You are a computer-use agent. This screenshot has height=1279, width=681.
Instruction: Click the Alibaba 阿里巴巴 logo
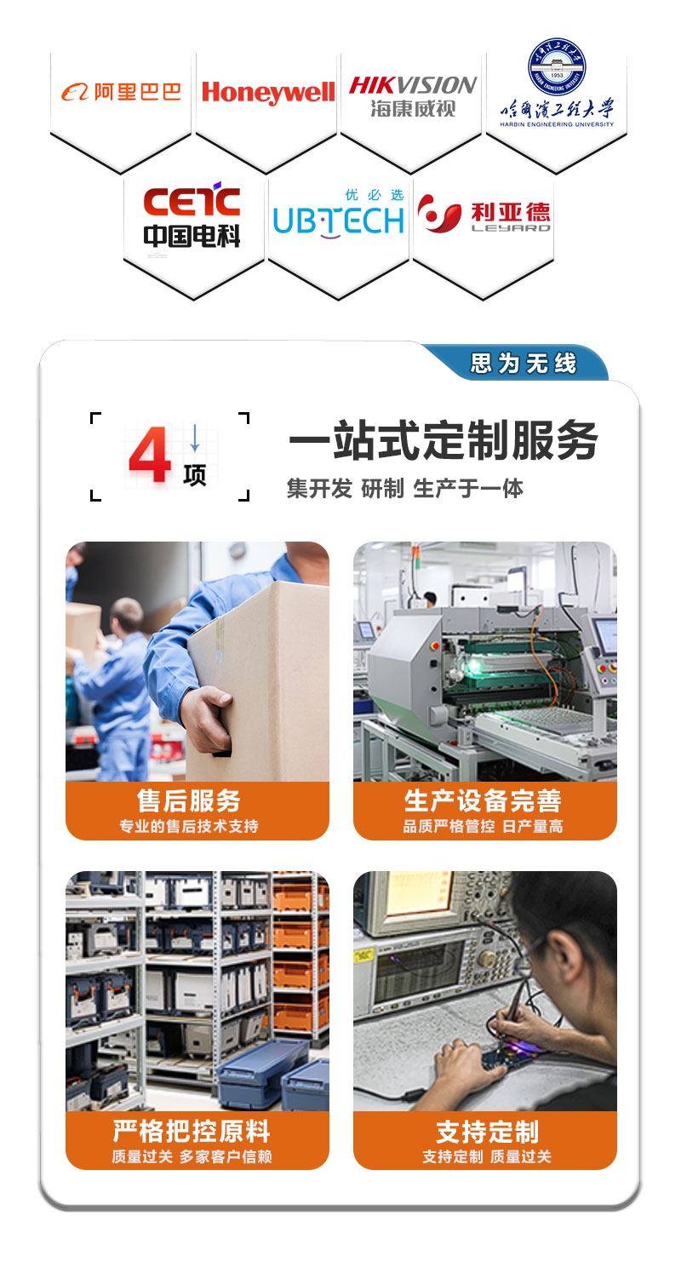pos(121,92)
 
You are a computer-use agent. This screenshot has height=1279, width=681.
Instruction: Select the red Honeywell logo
pos(268,93)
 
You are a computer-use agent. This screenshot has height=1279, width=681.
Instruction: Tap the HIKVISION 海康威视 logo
pos(413,96)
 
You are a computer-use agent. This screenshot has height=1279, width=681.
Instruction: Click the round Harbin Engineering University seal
pos(557,68)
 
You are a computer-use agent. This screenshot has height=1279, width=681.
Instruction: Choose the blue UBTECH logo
pos(339,214)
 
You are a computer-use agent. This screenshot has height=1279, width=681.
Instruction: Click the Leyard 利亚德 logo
pos(484,214)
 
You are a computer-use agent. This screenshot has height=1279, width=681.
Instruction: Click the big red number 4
pos(150,456)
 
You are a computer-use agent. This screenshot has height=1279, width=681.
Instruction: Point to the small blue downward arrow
pos(195,438)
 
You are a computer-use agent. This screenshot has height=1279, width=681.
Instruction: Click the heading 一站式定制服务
pos(443,440)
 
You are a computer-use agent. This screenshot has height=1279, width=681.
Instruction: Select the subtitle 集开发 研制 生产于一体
pos(404,489)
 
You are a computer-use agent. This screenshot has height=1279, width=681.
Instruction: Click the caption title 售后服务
pos(188,800)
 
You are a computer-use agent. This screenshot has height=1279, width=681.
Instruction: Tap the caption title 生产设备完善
pos(483,800)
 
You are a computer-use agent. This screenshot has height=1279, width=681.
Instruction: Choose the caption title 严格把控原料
pos(192,1131)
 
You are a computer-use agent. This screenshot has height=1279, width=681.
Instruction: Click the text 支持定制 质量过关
pos(486,1157)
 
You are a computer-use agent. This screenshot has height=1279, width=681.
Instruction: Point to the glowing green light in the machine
pos(473,665)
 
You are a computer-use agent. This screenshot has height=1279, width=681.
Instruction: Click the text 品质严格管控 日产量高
pos(483,826)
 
